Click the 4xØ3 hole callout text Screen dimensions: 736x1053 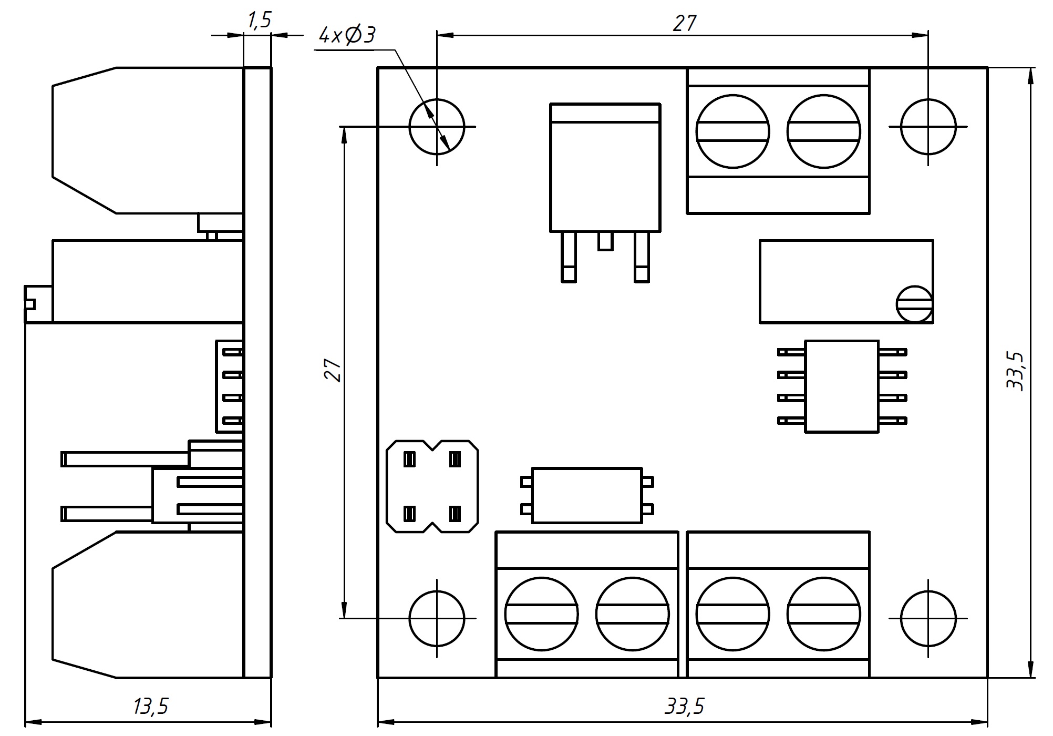click(x=347, y=35)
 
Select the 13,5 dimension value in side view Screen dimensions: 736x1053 click(x=150, y=707)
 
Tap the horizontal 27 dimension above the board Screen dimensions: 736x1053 click(x=684, y=23)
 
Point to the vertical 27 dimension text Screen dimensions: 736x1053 click(x=333, y=370)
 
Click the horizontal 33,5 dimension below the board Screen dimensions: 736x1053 click(x=684, y=707)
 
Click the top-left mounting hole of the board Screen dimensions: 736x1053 click(x=437, y=127)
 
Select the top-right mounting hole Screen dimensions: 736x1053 click(x=928, y=127)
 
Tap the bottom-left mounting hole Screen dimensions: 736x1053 click(x=437, y=618)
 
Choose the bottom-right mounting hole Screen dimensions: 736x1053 click(x=928, y=618)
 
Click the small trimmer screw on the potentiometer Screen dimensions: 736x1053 click(x=914, y=304)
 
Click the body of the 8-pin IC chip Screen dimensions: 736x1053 click(x=842, y=386)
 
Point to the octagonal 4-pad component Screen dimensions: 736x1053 click(x=432, y=486)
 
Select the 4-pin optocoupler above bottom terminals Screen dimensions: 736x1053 click(x=587, y=495)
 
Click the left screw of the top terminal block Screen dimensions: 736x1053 click(x=732, y=131)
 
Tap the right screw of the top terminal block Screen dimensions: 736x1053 click(x=823, y=131)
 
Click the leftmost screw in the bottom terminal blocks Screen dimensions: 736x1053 click(x=541, y=614)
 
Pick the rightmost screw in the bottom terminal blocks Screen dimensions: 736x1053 click(x=823, y=614)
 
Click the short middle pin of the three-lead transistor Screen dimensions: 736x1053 click(x=605, y=241)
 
